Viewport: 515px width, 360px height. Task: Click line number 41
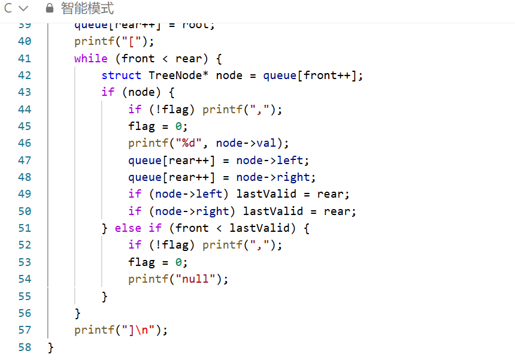click(25, 59)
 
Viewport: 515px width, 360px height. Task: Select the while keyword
click(91, 59)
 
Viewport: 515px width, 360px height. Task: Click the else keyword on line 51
click(128, 228)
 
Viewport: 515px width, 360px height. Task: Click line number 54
click(25, 279)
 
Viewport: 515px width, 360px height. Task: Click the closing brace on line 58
click(51, 347)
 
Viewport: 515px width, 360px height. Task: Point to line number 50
click(25, 211)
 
